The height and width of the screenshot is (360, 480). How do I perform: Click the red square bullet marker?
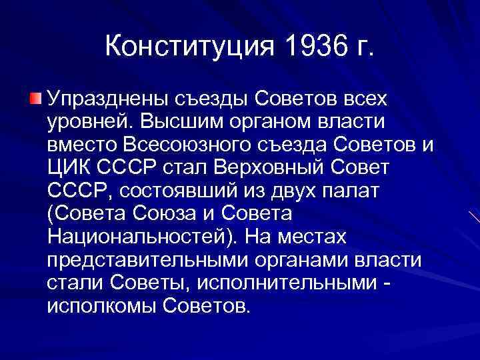(x=35, y=100)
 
